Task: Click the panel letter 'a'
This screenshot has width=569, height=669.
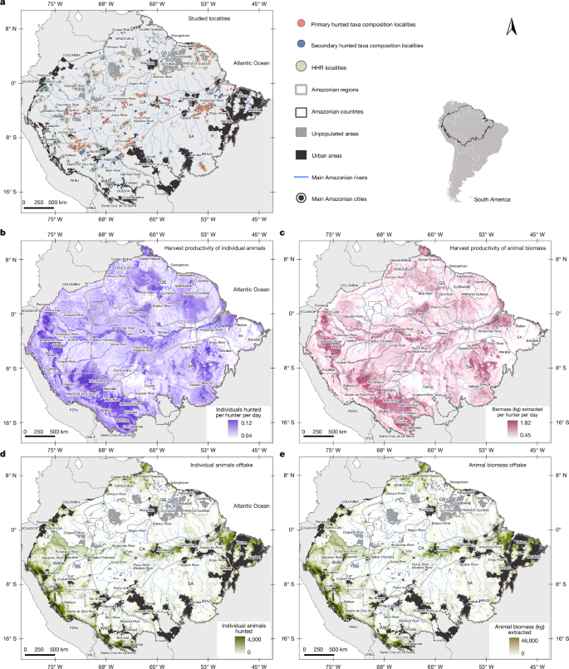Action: coord(4,4)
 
